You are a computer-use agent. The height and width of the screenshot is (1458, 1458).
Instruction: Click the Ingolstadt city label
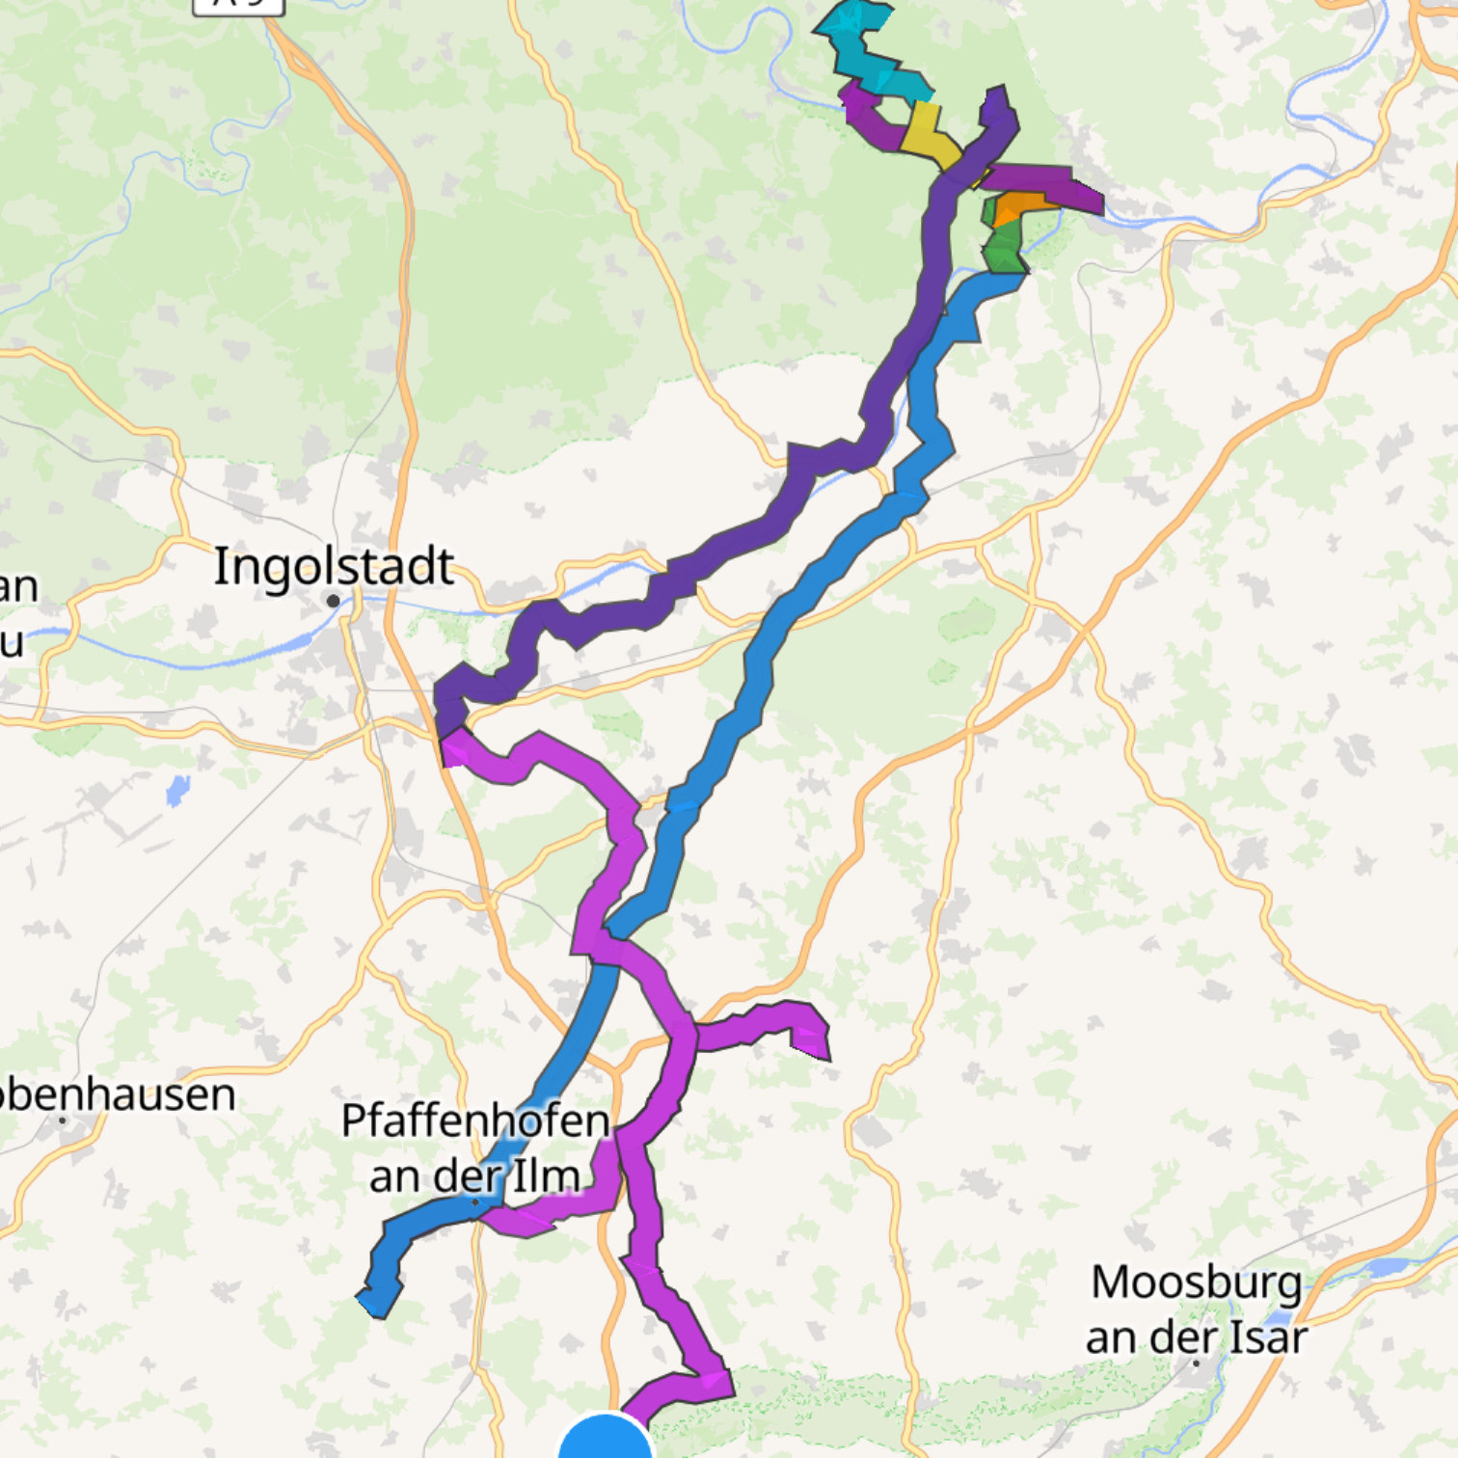334,566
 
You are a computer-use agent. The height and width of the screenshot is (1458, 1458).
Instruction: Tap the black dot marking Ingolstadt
334,601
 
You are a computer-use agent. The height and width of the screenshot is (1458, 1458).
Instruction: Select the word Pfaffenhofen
475,1121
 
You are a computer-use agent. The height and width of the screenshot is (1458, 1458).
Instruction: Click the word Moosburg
1196,1283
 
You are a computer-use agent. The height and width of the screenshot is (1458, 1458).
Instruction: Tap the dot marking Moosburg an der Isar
1196,1363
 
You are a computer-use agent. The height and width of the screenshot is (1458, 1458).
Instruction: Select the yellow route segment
928,135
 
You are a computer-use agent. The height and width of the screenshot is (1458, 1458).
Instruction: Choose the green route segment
1004,245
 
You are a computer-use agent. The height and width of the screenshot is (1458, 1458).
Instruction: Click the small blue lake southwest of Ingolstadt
177,792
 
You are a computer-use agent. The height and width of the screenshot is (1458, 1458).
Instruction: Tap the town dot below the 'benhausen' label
63,1120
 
